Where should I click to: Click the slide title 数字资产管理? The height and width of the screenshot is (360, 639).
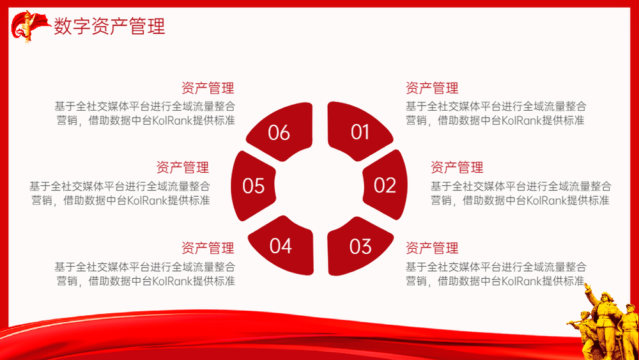(x=109, y=26)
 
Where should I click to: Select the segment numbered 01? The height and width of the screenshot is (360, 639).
(x=358, y=130)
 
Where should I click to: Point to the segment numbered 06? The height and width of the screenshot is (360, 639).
(x=281, y=131)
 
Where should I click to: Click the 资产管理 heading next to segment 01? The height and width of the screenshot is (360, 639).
(x=431, y=88)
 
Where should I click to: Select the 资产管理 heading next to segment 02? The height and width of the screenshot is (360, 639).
(x=457, y=167)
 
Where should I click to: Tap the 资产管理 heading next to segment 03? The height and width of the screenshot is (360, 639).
(x=431, y=247)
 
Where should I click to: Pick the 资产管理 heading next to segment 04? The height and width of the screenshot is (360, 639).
(x=208, y=247)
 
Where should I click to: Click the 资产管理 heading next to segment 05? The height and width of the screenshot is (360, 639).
(x=183, y=167)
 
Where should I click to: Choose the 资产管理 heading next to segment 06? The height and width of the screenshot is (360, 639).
(x=208, y=88)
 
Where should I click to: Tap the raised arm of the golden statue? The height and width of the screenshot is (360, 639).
(x=589, y=292)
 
